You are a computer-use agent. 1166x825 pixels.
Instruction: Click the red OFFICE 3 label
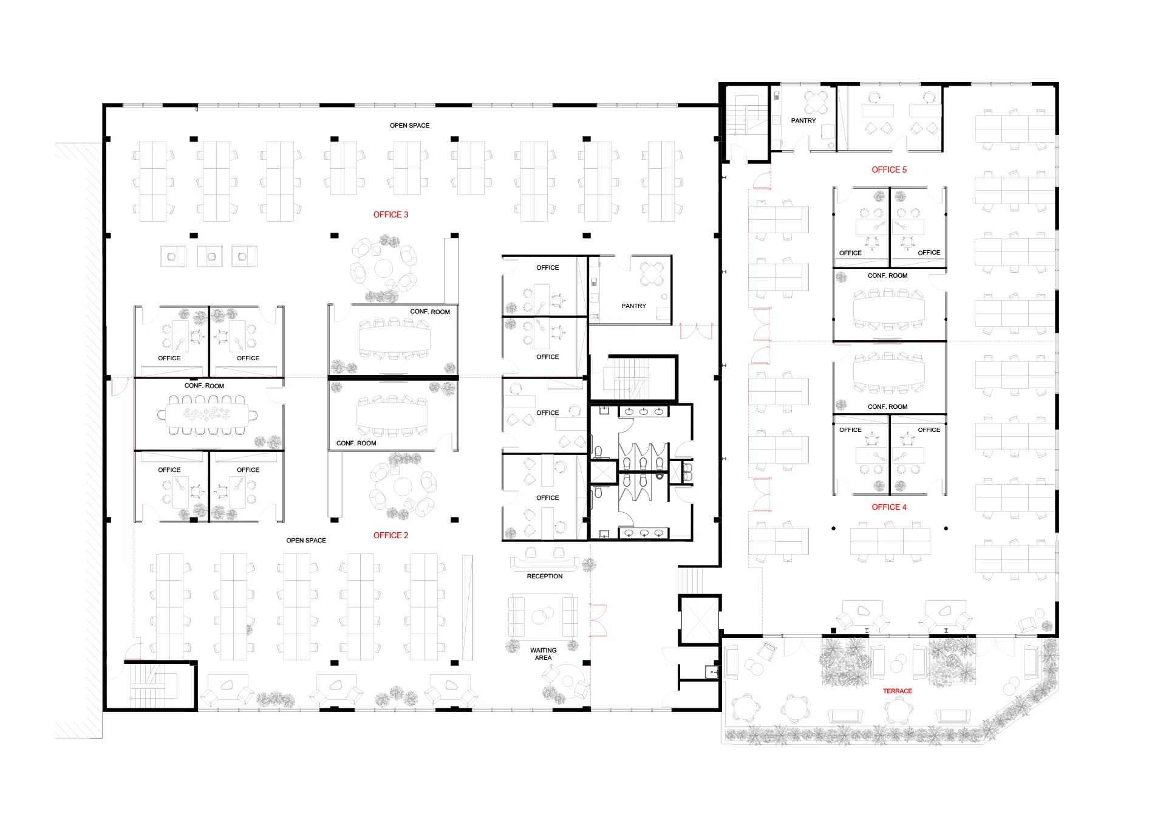(390, 214)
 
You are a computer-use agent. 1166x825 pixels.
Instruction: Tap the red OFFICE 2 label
(390, 535)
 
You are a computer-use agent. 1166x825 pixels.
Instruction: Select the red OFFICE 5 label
(889, 169)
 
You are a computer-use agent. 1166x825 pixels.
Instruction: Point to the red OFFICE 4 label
(889, 507)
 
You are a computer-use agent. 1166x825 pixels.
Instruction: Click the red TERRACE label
(898, 691)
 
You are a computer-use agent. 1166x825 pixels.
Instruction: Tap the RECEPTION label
(545, 576)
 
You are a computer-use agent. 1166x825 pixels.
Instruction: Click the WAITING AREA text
(544, 654)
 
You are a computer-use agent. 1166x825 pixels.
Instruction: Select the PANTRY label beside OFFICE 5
(803, 120)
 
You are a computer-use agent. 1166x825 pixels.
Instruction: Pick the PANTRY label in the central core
(634, 306)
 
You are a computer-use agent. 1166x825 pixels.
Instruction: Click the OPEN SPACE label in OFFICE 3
(409, 125)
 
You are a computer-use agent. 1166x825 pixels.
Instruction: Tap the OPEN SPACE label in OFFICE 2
(306, 540)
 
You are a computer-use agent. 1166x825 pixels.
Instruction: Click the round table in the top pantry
(816, 102)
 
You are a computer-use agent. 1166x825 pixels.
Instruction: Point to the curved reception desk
(545, 563)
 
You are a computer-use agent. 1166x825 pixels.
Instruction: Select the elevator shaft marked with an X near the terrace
(700, 620)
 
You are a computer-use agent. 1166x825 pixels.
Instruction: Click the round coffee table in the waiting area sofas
(542, 616)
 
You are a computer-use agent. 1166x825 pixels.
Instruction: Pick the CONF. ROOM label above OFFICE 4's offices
(887, 406)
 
